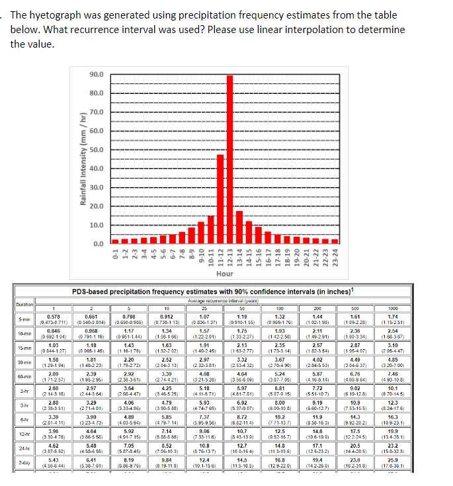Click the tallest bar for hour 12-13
click(x=229, y=159)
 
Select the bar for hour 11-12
click(x=220, y=198)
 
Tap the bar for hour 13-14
click(x=239, y=227)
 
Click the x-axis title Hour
click(x=224, y=273)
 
